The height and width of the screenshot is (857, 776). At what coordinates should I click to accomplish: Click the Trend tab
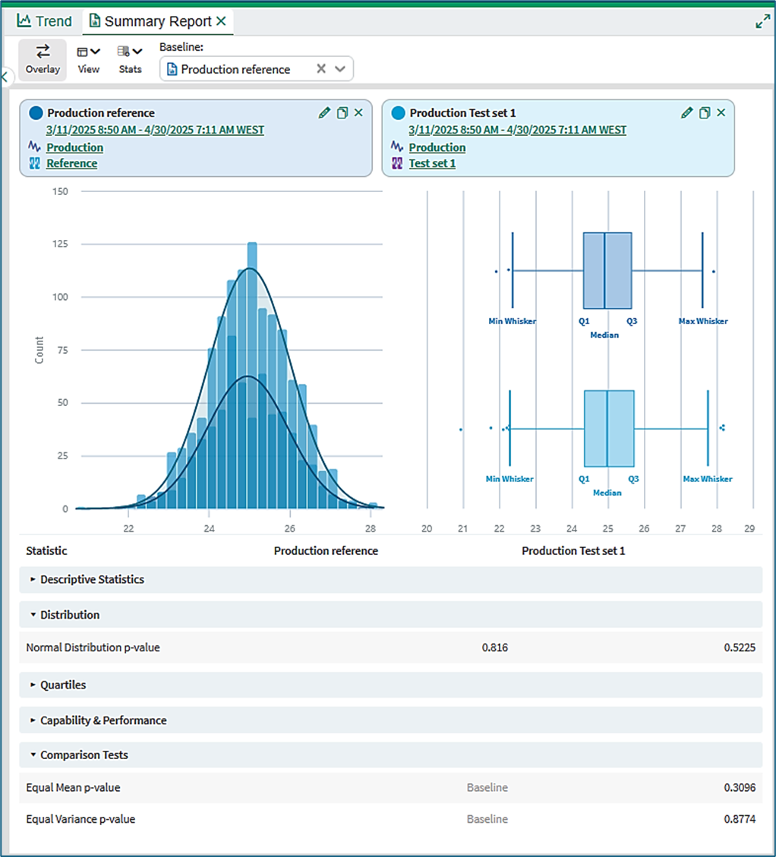click(x=44, y=21)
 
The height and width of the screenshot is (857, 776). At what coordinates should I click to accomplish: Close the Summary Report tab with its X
click(x=221, y=20)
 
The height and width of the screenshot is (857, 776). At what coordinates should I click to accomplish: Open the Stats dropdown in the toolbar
click(x=130, y=59)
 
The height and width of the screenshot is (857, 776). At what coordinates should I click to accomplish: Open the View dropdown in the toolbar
click(x=89, y=59)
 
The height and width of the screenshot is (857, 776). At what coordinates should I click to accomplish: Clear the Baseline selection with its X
click(x=321, y=68)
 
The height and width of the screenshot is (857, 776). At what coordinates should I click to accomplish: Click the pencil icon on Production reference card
click(x=324, y=112)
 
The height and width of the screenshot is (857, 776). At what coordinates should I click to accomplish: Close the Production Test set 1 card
click(x=721, y=112)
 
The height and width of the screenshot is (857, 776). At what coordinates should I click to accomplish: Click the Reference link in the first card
click(x=71, y=163)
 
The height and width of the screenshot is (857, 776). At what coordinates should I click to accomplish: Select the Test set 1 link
click(x=432, y=163)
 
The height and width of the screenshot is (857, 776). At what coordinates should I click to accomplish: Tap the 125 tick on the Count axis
click(x=60, y=244)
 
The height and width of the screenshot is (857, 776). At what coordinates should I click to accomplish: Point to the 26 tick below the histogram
click(x=290, y=528)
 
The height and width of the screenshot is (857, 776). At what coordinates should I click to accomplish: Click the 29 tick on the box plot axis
click(x=749, y=528)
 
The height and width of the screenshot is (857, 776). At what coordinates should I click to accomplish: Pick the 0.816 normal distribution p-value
click(x=495, y=647)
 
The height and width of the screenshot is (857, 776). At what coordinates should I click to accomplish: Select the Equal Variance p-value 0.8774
click(x=740, y=819)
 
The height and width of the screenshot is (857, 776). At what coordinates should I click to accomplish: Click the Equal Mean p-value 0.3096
click(x=740, y=788)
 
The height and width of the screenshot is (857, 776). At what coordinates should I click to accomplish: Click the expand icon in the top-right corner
click(x=763, y=21)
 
